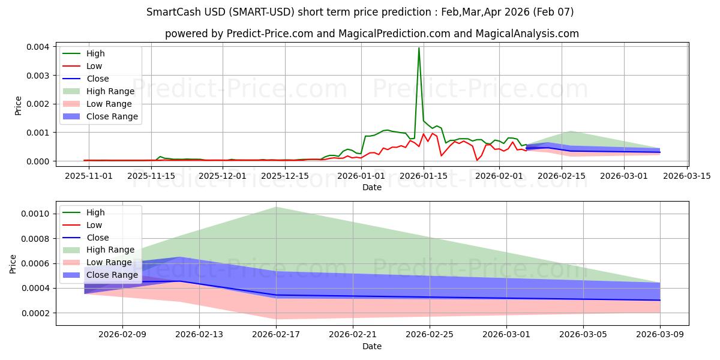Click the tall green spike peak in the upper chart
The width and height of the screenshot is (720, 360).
coord(419,48)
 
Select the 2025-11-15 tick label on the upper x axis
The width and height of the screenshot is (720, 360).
coord(151,176)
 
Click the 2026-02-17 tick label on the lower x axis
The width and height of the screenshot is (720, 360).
coord(276,335)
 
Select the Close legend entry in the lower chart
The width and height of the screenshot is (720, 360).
coord(98,238)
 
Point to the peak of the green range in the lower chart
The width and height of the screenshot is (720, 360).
coord(276,208)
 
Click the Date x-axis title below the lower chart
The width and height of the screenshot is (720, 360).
coord(372,346)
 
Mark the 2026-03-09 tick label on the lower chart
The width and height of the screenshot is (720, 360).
coord(660,335)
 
